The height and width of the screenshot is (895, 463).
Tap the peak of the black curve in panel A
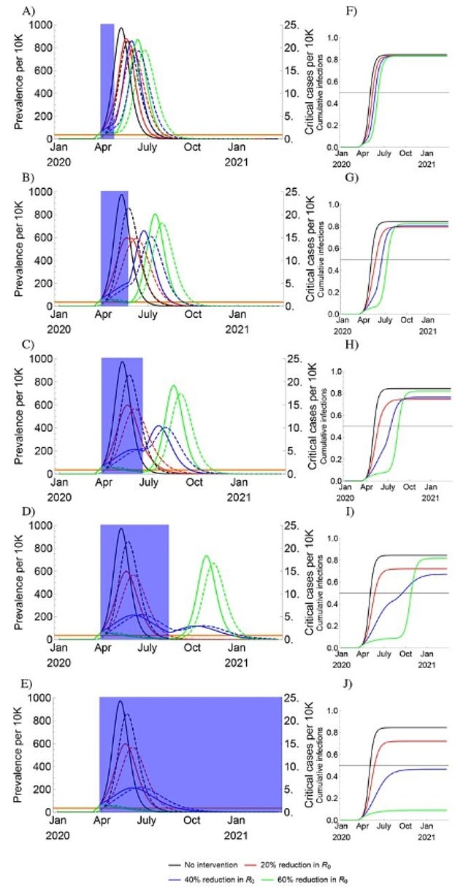[x=120, y=29]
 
